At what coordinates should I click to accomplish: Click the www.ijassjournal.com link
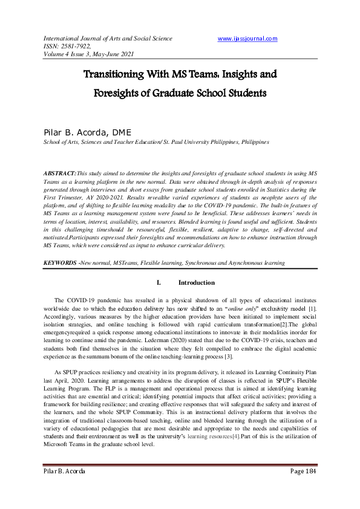coord(247,39)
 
